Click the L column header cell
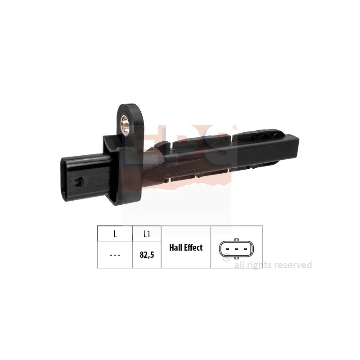click(115, 234)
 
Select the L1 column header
click(147, 234)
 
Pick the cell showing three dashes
click(115, 255)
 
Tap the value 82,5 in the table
click(147, 255)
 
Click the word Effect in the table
click(194, 247)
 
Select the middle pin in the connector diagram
click(236, 249)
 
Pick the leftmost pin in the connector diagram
click(228, 249)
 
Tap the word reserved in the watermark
click(294, 265)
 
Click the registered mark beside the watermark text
click(227, 258)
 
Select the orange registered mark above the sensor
click(234, 128)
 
